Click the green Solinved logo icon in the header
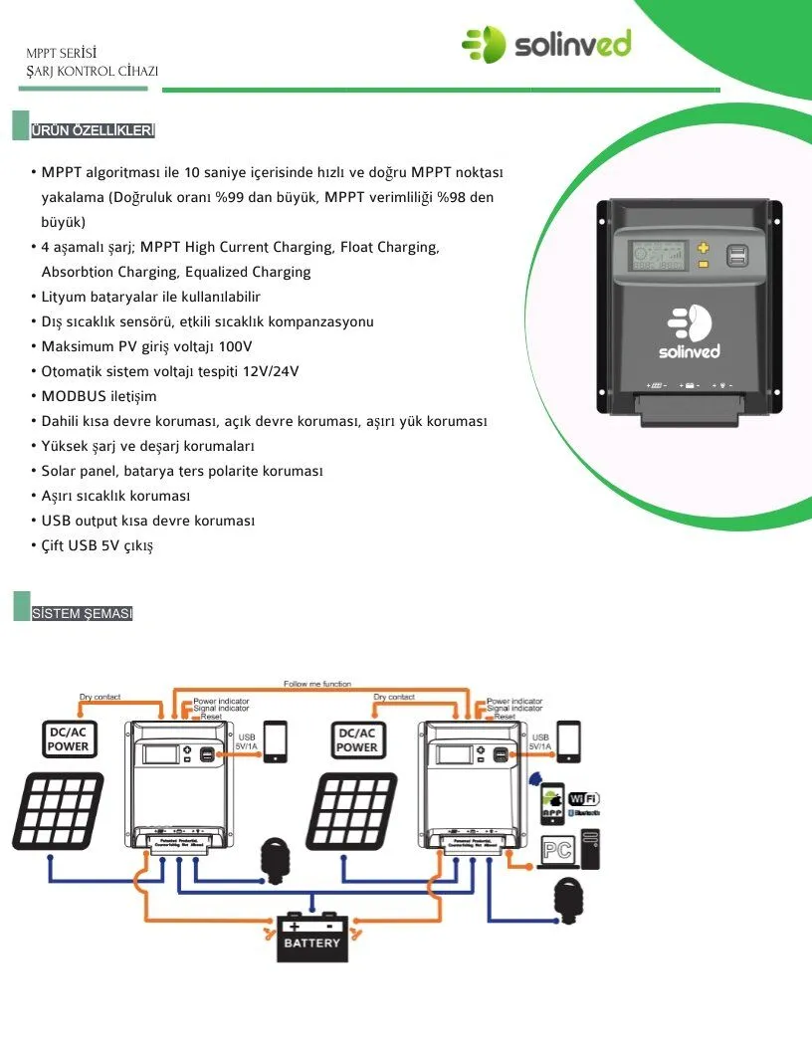point(484,45)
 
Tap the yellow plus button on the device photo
point(703,249)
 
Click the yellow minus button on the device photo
point(703,264)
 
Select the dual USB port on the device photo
point(741,256)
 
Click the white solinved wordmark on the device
point(689,351)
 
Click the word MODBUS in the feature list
point(73,397)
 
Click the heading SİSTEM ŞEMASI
point(82,613)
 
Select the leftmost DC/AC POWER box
point(69,739)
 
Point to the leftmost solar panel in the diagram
point(58,812)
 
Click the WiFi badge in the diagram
point(584,798)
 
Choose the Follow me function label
point(317,685)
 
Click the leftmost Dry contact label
point(100,697)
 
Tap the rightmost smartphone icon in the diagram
point(570,740)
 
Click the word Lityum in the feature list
point(63,298)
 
